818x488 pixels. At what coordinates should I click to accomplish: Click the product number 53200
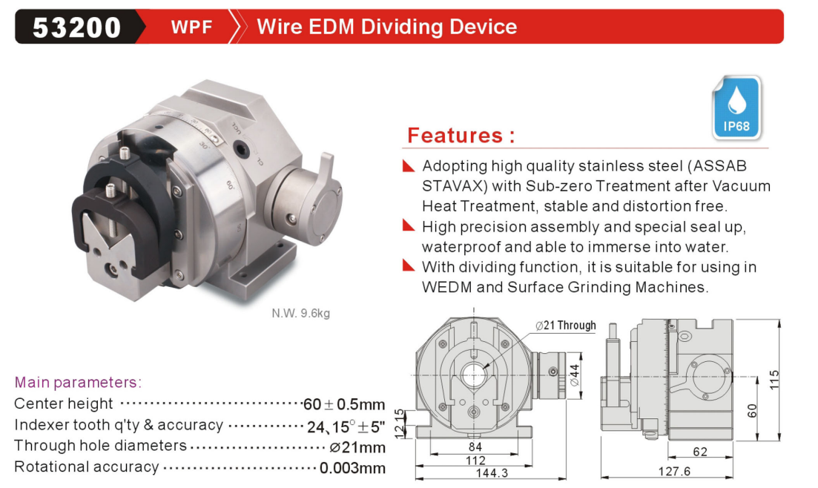[76, 27]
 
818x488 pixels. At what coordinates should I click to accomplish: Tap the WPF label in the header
[191, 27]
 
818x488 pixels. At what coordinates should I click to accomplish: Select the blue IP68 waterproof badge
[736, 108]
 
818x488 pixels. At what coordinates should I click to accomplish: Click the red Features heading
[461, 135]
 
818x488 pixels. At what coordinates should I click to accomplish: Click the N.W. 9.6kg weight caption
[300, 313]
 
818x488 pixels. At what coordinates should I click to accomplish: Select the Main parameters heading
[78, 382]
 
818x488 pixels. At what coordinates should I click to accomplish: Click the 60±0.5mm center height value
[344, 404]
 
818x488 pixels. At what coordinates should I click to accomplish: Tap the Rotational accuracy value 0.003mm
[353, 468]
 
